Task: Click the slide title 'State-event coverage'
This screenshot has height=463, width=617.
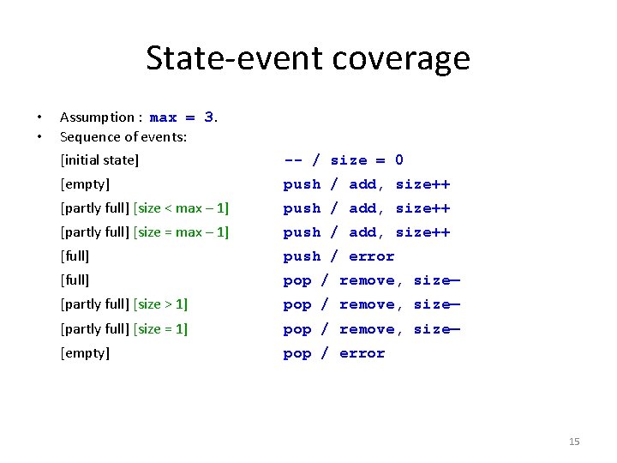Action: [x=308, y=58]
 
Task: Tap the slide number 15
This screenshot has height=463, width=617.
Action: [x=574, y=442]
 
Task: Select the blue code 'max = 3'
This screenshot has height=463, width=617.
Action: [x=183, y=117]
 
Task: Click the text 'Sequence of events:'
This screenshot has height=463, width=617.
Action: [x=123, y=136]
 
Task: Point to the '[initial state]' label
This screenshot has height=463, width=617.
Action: [x=99, y=160]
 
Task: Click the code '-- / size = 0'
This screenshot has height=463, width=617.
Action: [x=344, y=160]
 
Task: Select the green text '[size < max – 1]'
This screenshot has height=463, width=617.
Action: [x=182, y=208]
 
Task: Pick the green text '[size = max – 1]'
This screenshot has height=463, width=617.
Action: [x=182, y=232]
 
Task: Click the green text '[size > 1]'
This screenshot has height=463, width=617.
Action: [x=161, y=304]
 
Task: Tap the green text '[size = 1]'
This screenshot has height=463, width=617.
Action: [x=161, y=328]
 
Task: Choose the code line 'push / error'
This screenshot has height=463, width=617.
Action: [x=339, y=256]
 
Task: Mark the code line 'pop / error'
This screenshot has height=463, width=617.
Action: [x=334, y=353]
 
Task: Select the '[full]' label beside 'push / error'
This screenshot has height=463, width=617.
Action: [x=75, y=256]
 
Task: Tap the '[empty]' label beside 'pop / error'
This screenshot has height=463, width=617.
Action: [x=85, y=353]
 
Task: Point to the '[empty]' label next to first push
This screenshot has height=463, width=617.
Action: [x=85, y=184]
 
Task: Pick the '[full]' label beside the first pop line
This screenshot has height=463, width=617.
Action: [x=75, y=280]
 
